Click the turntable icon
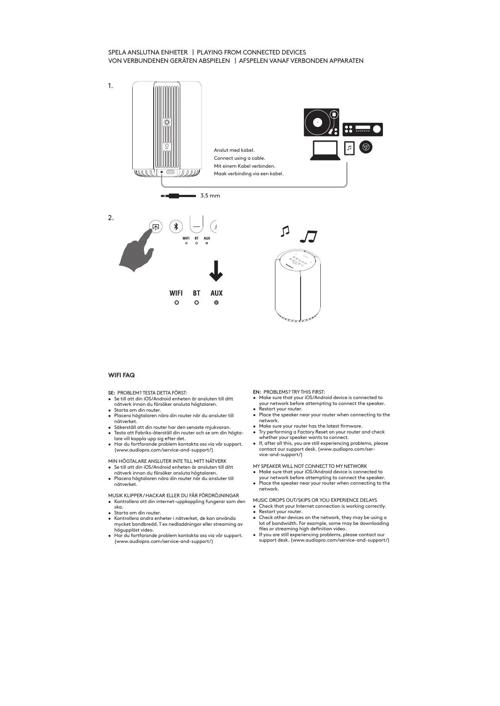click(322, 122)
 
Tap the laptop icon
click(325, 151)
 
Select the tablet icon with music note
click(349, 148)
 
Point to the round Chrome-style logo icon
click(366, 147)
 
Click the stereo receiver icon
click(362, 129)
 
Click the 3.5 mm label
click(210, 196)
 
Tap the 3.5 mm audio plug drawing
click(178, 196)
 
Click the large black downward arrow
click(216, 271)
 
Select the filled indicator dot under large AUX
click(216, 302)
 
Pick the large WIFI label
click(176, 293)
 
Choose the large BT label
click(196, 293)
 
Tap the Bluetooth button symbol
click(176, 227)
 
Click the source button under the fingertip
click(156, 227)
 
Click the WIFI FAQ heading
click(121, 375)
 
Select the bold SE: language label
click(112, 393)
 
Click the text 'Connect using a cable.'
click(239, 158)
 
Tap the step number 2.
click(110, 218)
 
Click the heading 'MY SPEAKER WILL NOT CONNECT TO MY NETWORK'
click(310, 466)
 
